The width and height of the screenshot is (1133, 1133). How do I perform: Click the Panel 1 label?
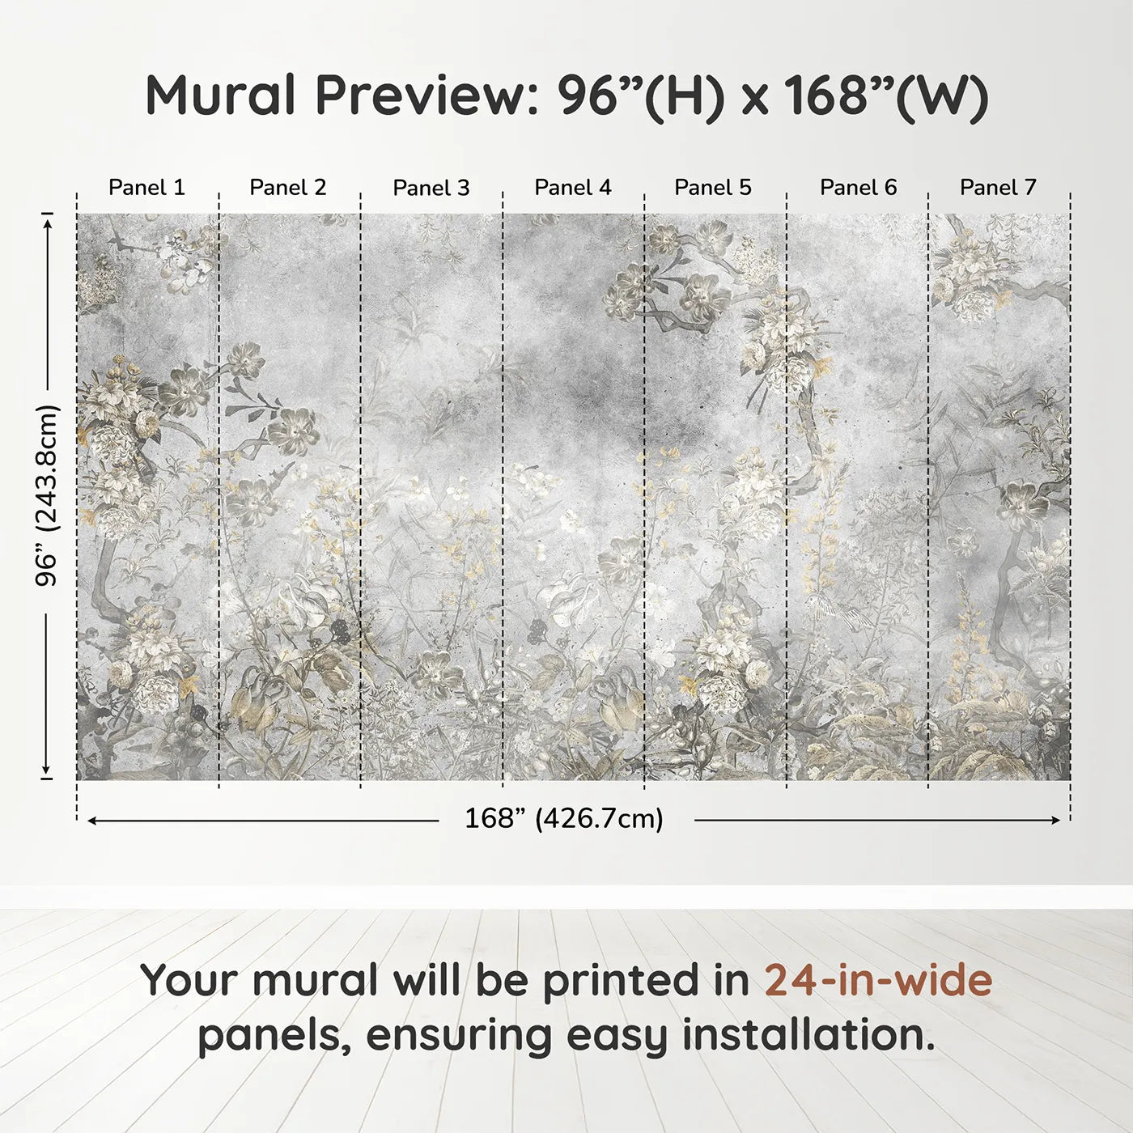click(146, 188)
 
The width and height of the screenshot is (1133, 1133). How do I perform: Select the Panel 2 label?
click(288, 188)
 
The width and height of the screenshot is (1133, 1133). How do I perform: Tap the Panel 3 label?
click(431, 188)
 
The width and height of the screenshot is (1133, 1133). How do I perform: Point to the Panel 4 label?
click(573, 188)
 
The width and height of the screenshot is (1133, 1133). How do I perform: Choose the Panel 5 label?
click(713, 188)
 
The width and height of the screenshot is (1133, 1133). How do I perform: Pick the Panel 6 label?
click(858, 188)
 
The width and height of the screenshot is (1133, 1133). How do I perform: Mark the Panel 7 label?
click(998, 188)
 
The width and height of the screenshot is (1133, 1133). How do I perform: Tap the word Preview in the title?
click(422, 95)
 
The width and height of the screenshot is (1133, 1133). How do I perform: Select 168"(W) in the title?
click(886, 95)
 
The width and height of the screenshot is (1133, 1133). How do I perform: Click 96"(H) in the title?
click(640, 95)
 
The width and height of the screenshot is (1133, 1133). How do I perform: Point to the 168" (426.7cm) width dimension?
click(564, 819)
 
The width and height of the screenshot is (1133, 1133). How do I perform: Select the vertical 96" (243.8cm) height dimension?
click(48, 495)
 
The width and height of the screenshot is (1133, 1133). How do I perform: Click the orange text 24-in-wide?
click(878, 980)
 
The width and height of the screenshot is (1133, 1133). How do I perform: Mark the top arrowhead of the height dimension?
click(48, 220)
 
